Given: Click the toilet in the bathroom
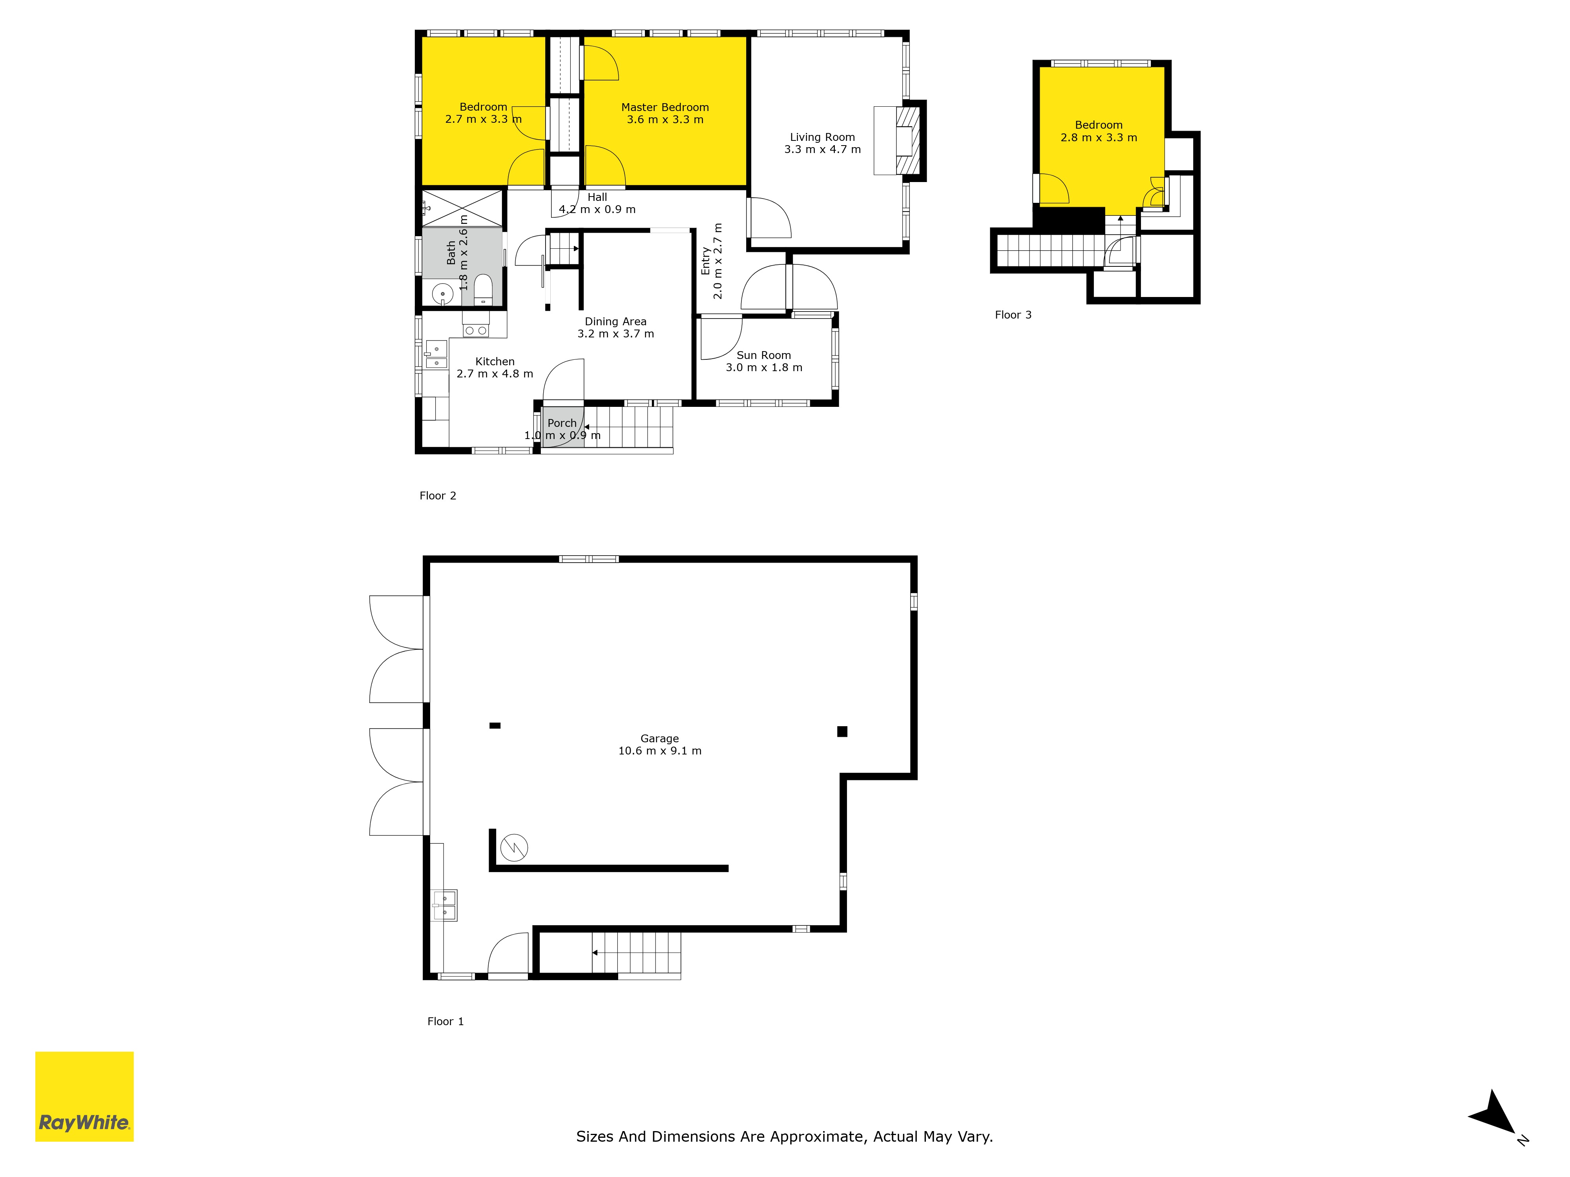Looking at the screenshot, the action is [x=483, y=290].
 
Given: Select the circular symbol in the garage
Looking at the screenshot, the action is [x=514, y=847].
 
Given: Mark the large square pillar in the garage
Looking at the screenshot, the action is [x=842, y=731].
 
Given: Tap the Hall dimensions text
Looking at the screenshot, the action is [x=597, y=209].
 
